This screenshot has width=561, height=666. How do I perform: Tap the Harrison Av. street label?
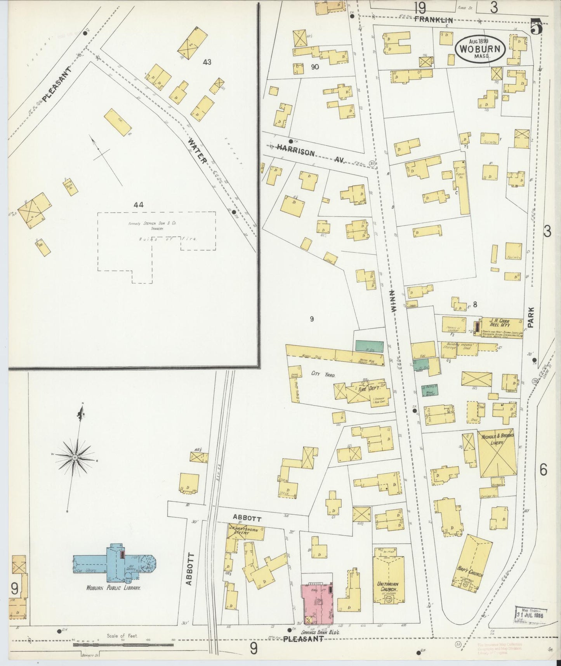coord(311,155)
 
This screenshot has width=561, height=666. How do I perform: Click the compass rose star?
coord(75,459)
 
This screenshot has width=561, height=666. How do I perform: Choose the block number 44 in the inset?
coord(138,205)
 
